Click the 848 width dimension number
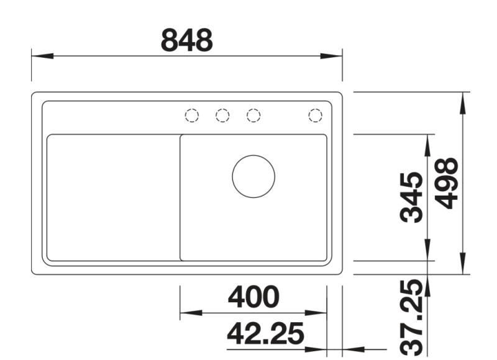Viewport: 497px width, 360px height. coord(187,41)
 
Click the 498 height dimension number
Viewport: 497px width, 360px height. coord(447,184)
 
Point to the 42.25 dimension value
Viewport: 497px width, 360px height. coord(265,336)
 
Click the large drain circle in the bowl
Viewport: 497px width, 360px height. coord(253,176)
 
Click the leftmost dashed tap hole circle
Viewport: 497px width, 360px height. coord(192,115)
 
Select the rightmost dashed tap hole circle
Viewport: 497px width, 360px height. coord(315,115)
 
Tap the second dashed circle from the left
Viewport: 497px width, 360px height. coord(222,115)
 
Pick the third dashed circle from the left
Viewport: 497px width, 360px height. coord(253,115)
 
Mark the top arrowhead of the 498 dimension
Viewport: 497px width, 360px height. coord(463,103)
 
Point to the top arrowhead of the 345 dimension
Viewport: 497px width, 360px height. coord(428,144)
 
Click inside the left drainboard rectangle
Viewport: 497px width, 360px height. coord(112,197)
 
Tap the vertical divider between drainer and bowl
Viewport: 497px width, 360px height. coord(180,197)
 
